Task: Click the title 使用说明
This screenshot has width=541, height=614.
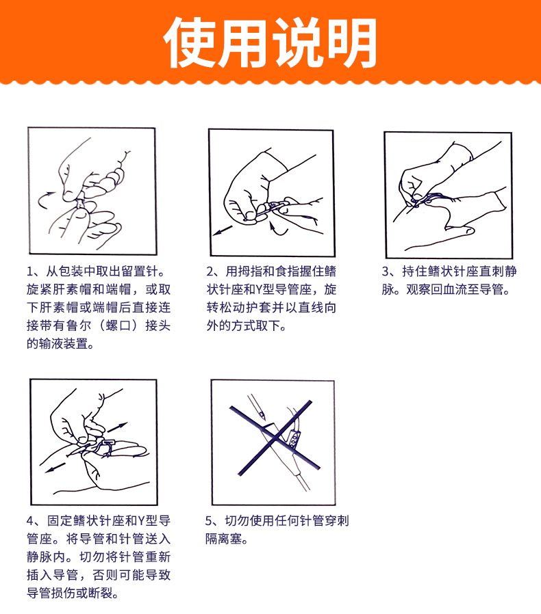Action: (270, 42)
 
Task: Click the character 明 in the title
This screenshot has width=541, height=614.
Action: (352, 43)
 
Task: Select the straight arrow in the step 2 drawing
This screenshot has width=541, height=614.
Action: (223, 230)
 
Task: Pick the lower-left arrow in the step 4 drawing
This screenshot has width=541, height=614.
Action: (55, 467)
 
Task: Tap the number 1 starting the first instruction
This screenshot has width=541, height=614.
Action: (30, 271)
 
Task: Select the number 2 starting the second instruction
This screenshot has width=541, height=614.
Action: (210, 271)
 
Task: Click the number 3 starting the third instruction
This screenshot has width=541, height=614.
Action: (386, 271)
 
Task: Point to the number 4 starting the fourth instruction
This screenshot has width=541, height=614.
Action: (30, 521)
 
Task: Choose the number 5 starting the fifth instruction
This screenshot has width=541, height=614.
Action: (209, 521)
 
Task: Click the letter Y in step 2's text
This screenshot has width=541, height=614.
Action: (259, 290)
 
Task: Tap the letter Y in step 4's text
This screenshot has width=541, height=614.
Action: (141, 521)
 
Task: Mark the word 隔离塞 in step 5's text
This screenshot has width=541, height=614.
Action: (224, 539)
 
